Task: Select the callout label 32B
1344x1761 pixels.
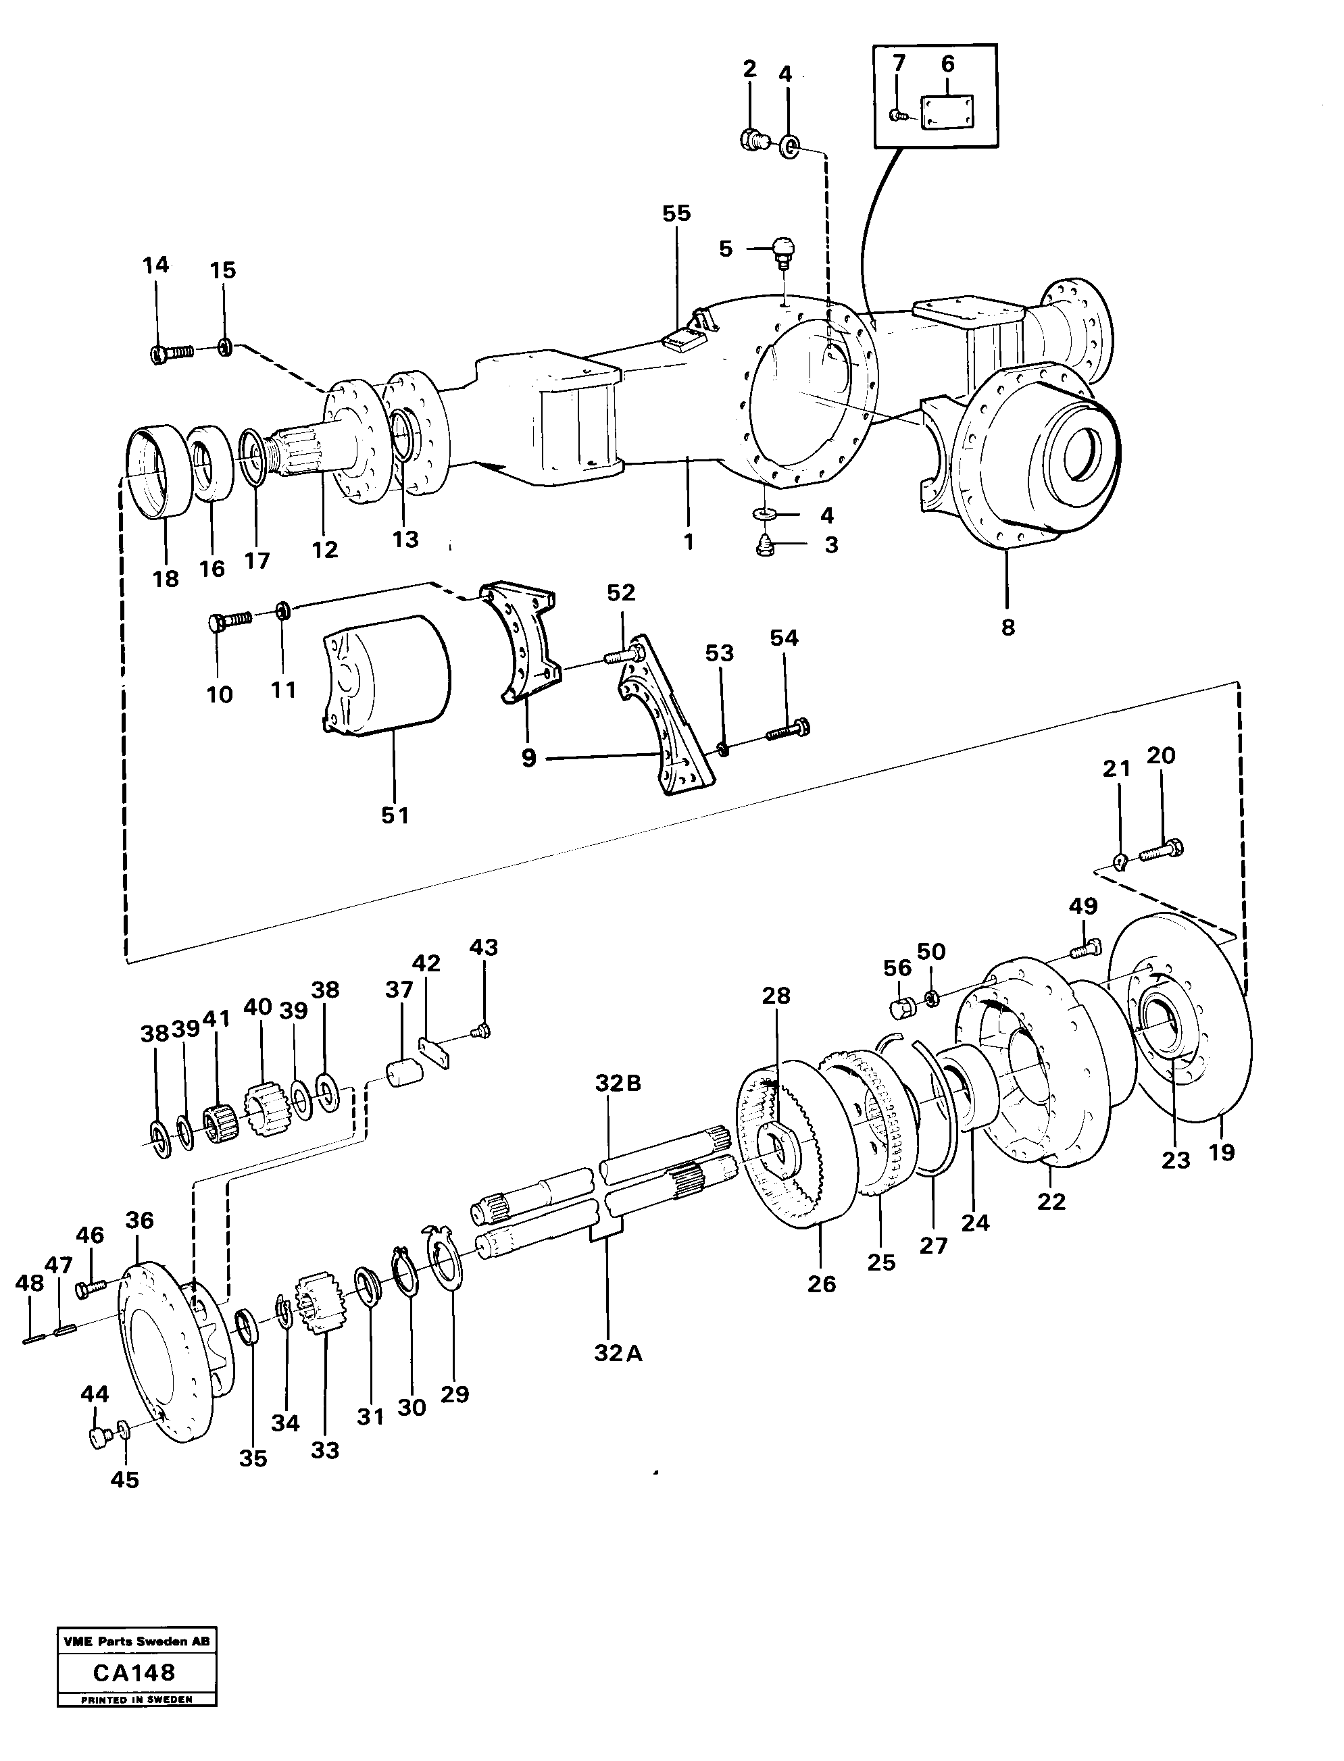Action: point(618,1083)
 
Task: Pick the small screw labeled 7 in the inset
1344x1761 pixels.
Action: point(899,116)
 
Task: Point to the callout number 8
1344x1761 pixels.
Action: point(1008,627)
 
